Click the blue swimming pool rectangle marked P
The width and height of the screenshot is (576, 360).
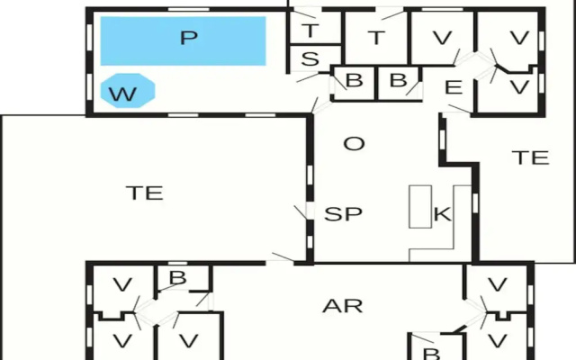183,40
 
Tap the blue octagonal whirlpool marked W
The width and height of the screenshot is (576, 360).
128,91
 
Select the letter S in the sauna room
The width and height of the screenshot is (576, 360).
310,58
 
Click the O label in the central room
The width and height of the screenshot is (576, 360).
354,144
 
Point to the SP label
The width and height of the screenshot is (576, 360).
343,214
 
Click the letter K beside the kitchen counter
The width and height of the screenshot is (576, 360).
442,214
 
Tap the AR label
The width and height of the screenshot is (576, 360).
342,306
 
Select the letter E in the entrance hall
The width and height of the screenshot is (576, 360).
454,87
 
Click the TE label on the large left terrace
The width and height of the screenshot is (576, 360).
144,193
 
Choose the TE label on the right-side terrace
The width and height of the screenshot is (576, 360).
530,157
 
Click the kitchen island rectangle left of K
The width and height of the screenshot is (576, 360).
420,206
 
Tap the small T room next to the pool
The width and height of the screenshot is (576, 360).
316,28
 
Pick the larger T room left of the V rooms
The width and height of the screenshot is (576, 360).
376,38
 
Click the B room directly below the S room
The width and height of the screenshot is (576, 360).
354,82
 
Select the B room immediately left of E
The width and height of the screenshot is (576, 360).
399,82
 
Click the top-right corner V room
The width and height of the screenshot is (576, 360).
510,38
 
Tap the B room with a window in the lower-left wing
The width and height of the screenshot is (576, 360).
183,278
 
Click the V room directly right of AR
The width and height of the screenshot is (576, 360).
497,285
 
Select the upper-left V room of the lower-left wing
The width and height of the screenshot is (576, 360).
122,287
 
